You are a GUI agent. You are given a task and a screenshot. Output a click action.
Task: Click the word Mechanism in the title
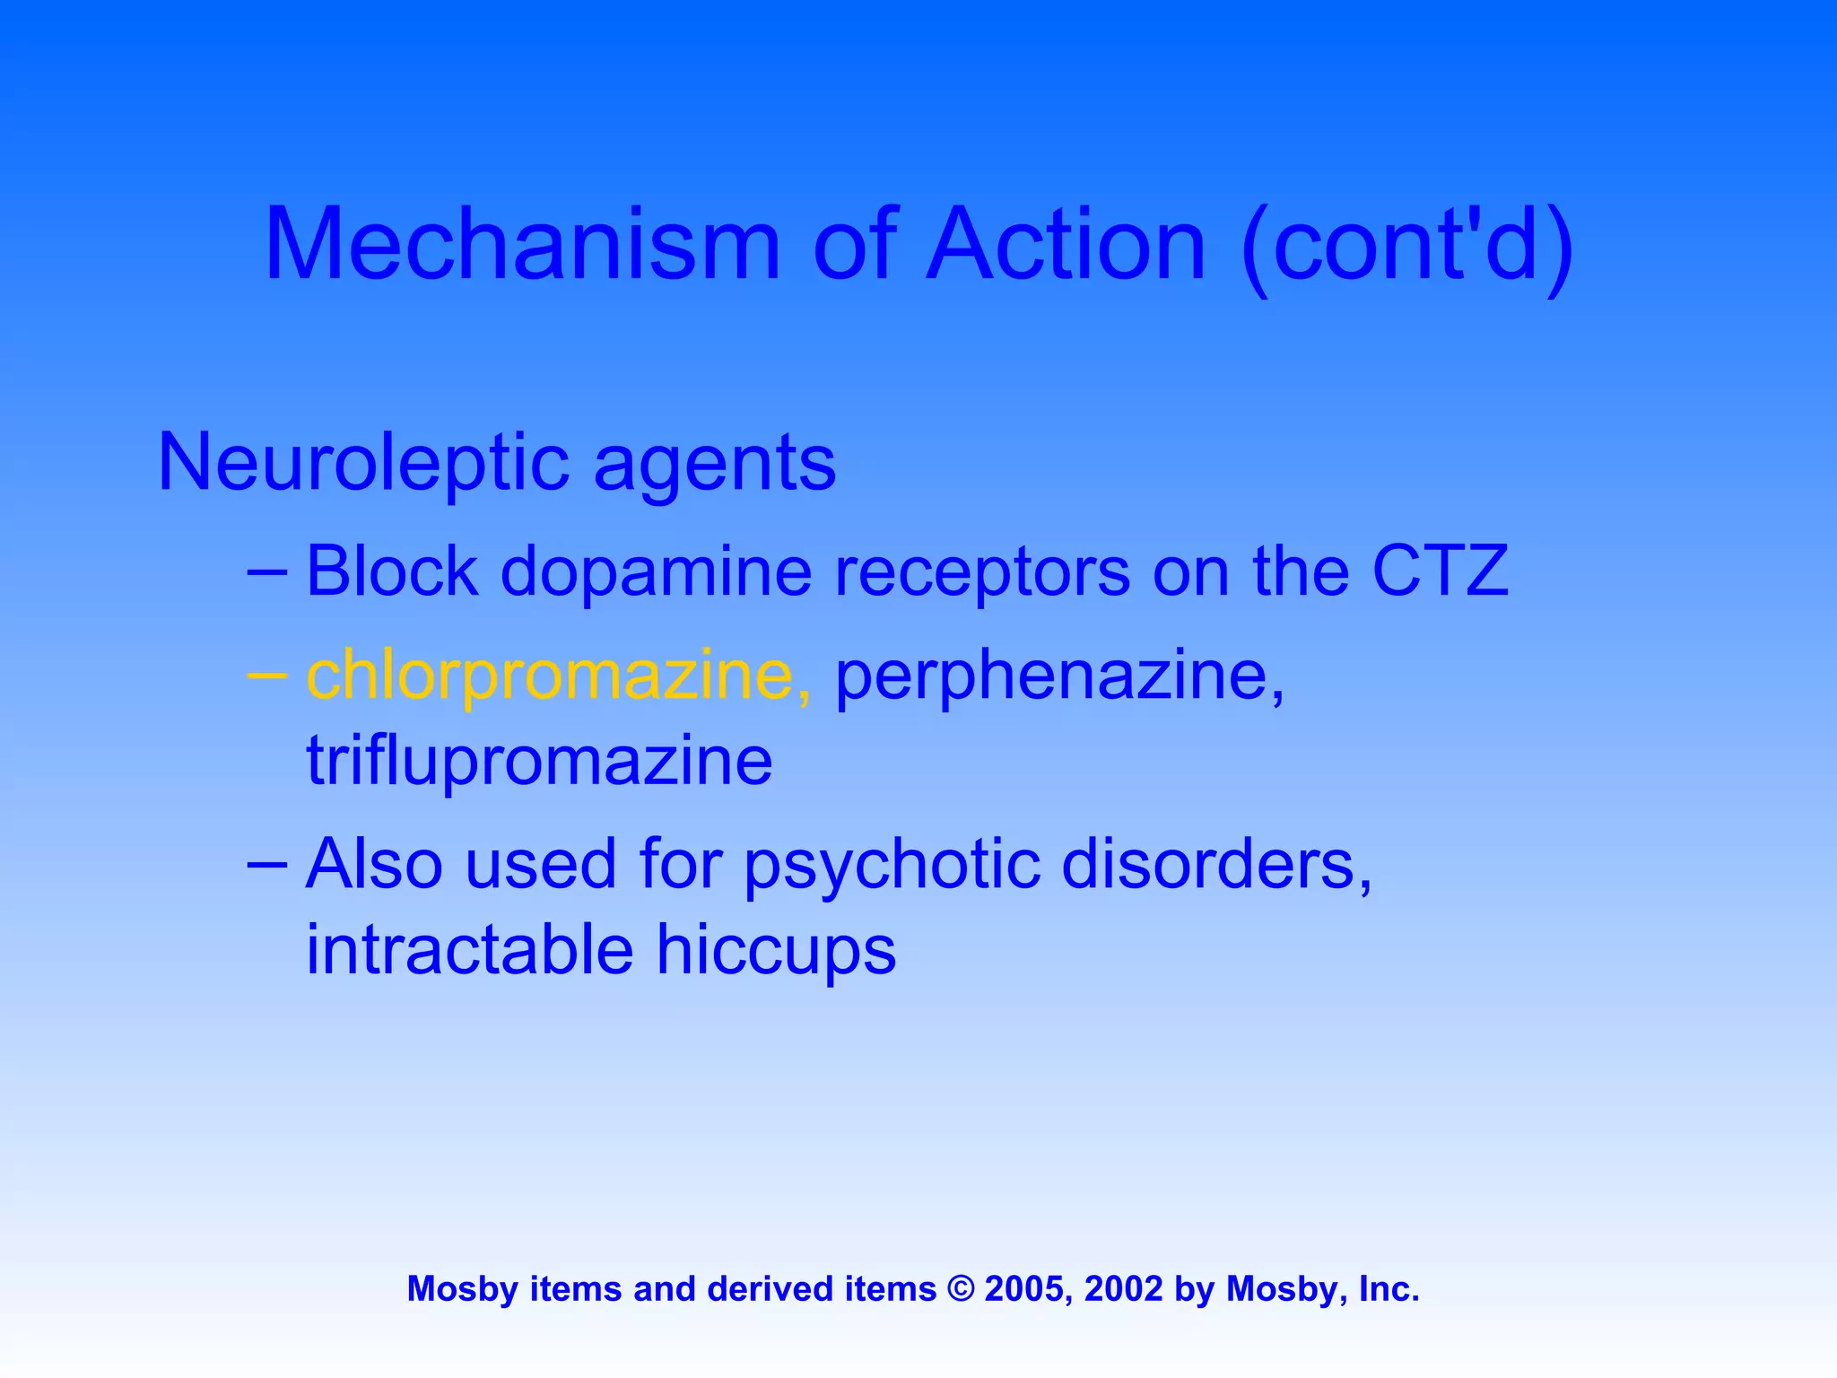pyautogui.click(x=522, y=244)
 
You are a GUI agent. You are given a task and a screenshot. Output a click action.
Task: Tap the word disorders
pyautogui.click(x=1217, y=865)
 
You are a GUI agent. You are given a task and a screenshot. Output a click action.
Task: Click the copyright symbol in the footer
pyautogui.click(x=961, y=1289)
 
